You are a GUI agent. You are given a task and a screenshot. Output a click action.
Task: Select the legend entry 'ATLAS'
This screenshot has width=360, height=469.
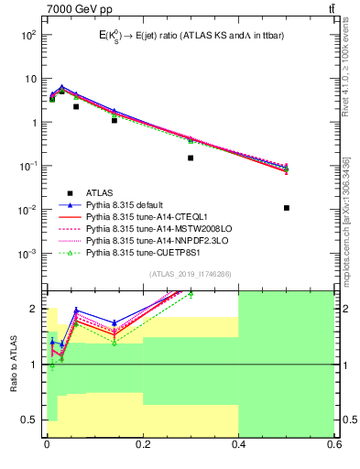99,192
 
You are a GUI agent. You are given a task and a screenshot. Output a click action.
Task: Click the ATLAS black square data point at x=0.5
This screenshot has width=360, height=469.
287,208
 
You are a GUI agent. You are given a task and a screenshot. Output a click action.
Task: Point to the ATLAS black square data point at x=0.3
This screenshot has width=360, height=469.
191,158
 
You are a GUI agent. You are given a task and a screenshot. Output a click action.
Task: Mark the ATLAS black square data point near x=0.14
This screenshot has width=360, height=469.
115,120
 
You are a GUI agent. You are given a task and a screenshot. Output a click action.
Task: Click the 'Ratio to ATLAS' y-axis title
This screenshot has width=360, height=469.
12,365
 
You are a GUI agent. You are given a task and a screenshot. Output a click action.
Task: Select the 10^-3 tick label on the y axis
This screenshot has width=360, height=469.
27,254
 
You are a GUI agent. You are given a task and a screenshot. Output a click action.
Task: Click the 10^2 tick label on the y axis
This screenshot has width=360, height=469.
27,35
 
